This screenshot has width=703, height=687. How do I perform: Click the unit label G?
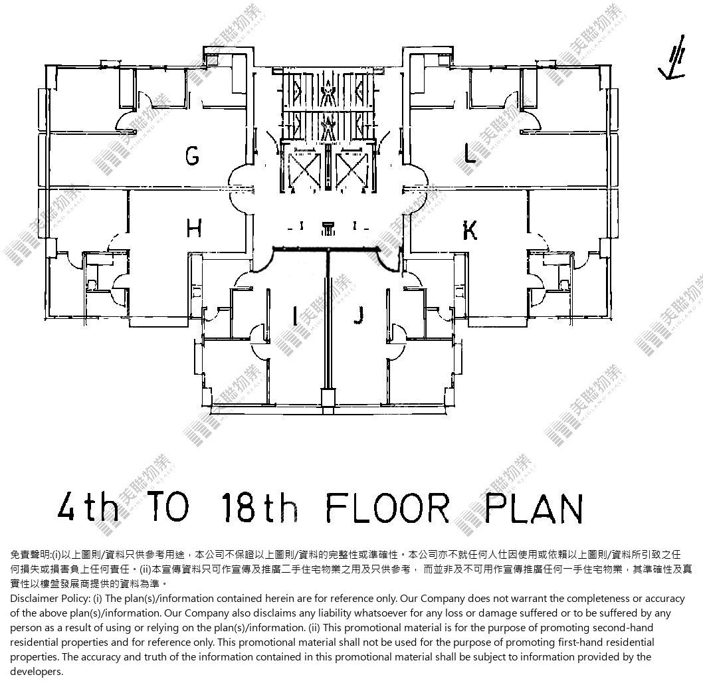coord(192,155)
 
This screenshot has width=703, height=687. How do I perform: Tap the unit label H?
coord(193,229)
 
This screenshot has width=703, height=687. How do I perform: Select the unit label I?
coord(294,316)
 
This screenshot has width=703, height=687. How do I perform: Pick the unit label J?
coord(358,315)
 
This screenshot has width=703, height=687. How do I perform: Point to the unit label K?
coord(469,231)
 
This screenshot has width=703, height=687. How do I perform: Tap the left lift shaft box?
coord(304,169)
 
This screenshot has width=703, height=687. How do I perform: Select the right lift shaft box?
coord(351,169)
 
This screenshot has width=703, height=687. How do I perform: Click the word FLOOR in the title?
coord(387,508)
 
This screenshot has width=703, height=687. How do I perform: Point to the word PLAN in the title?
coord(534,508)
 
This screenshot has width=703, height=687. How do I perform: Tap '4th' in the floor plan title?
coord(88,507)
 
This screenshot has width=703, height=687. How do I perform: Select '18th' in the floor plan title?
coord(260,507)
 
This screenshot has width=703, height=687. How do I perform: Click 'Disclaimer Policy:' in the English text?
coord(50,599)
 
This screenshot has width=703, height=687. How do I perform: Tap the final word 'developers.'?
coord(37,672)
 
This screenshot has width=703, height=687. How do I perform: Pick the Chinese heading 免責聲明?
coord(29,555)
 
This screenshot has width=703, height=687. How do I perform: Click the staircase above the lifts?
coord(329,106)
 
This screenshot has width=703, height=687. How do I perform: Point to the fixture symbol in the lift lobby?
coord(329,228)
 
